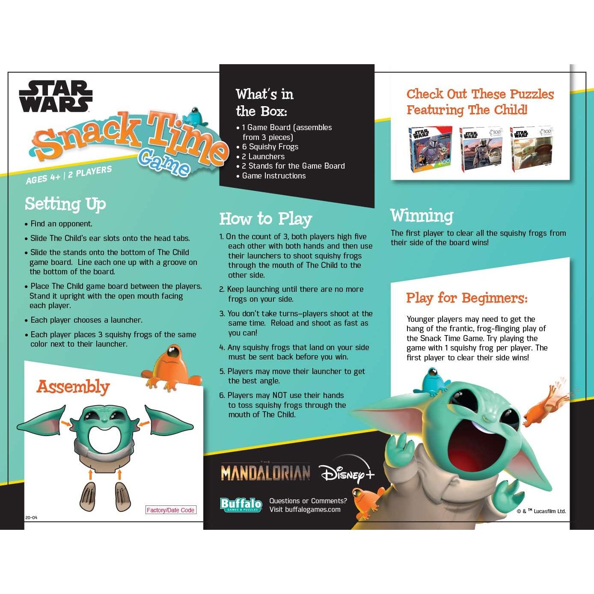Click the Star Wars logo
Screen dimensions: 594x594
coord(56,96)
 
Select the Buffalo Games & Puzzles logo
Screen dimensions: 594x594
coord(241,505)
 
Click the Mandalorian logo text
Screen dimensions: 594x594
coord(265,472)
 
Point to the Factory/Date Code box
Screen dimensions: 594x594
coord(171,510)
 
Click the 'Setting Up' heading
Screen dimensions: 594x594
coord(65,204)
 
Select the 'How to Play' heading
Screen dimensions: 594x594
coord(265,219)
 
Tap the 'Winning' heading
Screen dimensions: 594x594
coord(422,215)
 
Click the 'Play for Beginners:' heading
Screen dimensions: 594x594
coord(466,298)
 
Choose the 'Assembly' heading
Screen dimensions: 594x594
coord(73,387)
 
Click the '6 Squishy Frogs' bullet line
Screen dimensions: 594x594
coord(270,147)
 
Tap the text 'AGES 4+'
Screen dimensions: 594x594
coord(43,177)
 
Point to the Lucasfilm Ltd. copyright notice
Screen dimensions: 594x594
coord(541,511)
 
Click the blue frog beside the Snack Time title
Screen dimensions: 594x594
coord(195,116)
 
